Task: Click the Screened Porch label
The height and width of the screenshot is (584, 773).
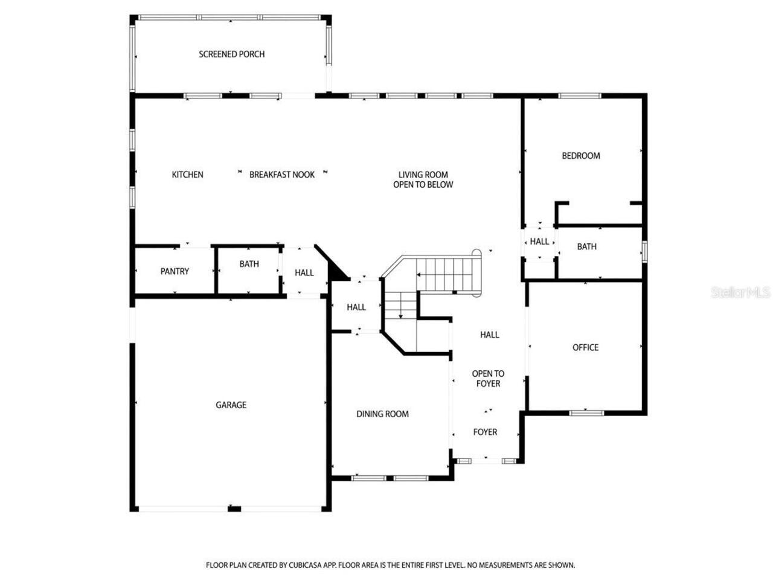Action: point(231,54)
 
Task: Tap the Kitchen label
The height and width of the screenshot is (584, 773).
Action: point(187,175)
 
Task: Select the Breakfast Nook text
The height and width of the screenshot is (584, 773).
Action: point(282,175)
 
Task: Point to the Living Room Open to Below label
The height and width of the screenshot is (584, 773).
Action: point(423,179)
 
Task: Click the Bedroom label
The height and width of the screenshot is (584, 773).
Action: point(580,156)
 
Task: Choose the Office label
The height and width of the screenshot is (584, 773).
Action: point(585,347)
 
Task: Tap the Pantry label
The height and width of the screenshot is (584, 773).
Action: point(175,272)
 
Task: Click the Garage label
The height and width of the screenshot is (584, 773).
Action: point(231,405)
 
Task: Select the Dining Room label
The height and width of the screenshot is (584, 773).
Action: point(382,414)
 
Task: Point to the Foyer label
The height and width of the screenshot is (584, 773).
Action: point(485,432)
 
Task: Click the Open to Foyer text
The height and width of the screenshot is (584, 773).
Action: point(488,379)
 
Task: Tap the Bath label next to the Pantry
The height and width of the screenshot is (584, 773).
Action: point(249,264)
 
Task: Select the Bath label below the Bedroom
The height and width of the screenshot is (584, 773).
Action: point(586,246)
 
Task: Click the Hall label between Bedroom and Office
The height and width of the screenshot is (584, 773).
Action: point(539,242)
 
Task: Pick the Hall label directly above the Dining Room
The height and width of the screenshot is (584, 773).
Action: point(356,307)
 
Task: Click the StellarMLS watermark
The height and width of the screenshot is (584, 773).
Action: point(740,293)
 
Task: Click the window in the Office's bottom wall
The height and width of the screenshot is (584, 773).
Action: point(586,413)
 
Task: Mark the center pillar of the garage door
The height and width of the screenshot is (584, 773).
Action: point(234,509)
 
